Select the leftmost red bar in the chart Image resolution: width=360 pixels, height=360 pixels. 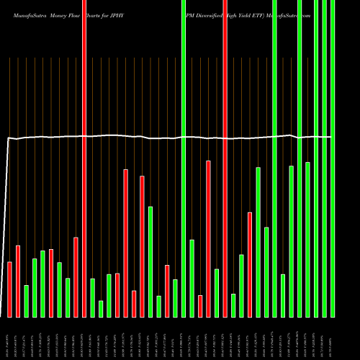tap(10, 289)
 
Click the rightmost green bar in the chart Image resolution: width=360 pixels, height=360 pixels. tap(333, 158)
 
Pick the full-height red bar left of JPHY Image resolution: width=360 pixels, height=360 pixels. tap(84, 158)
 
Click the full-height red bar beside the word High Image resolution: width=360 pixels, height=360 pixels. tap(225, 158)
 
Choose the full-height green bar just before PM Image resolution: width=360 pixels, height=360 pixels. tap(184, 158)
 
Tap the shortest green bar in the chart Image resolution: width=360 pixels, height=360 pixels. tap(101, 309)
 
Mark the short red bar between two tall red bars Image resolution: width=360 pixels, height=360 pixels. tap(134, 303)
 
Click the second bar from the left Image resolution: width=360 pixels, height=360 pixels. tap(18, 281)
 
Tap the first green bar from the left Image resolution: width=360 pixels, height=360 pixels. tap(27, 301)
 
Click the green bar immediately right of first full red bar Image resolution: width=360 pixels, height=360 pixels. tap(93, 297)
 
